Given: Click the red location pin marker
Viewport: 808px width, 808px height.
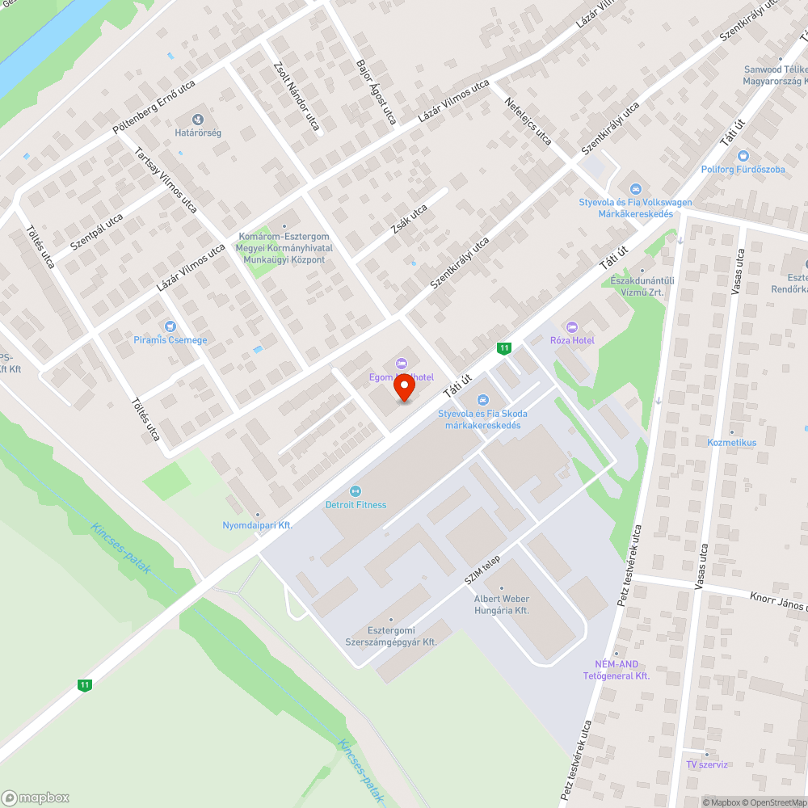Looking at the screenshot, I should [x=404, y=389].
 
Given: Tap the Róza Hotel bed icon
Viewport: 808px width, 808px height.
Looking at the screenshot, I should [x=572, y=326].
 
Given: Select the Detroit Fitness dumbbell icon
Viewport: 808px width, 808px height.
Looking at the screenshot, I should [x=356, y=490].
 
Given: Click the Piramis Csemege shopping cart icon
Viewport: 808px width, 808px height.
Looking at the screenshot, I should [x=170, y=326].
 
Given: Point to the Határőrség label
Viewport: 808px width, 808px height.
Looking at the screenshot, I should [x=198, y=132].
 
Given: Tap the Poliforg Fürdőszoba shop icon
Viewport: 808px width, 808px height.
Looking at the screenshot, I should [x=743, y=156].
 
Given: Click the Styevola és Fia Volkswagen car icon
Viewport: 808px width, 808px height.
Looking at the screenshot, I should [x=635, y=188].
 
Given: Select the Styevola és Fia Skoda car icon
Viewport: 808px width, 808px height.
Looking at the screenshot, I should [x=482, y=399].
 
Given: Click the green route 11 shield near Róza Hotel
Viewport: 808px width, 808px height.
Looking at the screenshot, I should [x=504, y=348].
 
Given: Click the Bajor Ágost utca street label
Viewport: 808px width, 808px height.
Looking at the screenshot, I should [x=376, y=90].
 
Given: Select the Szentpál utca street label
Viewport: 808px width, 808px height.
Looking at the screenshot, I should [x=96, y=232].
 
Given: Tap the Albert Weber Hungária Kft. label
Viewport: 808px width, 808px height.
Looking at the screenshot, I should [x=501, y=604].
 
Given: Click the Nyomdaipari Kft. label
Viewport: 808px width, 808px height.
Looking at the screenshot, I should [x=257, y=525].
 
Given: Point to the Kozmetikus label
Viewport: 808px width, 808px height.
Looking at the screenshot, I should [x=732, y=443].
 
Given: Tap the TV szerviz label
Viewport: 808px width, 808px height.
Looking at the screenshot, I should [x=707, y=764].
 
